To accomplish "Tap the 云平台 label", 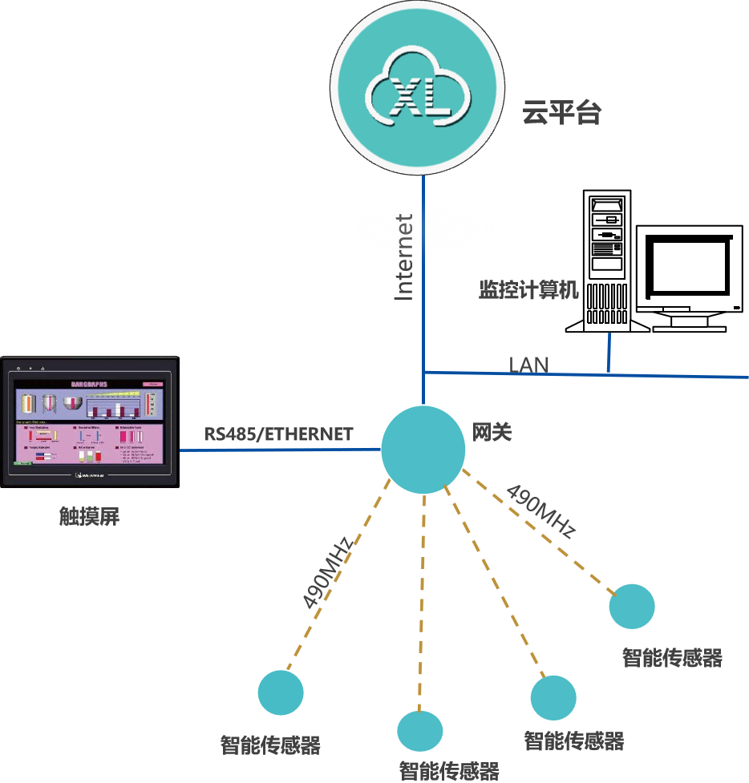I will [x=561, y=113].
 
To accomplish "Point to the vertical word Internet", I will [x=404, y=256].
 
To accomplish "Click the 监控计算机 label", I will [x=528, y=289].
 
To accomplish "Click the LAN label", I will [x=529, y=365].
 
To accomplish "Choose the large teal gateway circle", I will [x=423, y=450].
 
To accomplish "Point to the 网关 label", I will [x=492, y=433].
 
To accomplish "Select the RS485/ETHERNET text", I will [x=278, y=434].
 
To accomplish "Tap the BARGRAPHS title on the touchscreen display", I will [x=89, y=384].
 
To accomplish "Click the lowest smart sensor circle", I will [x=420, y=730].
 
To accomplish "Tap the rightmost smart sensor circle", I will [x=631, y=607].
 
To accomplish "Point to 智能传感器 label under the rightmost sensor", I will [x=672, y=659].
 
